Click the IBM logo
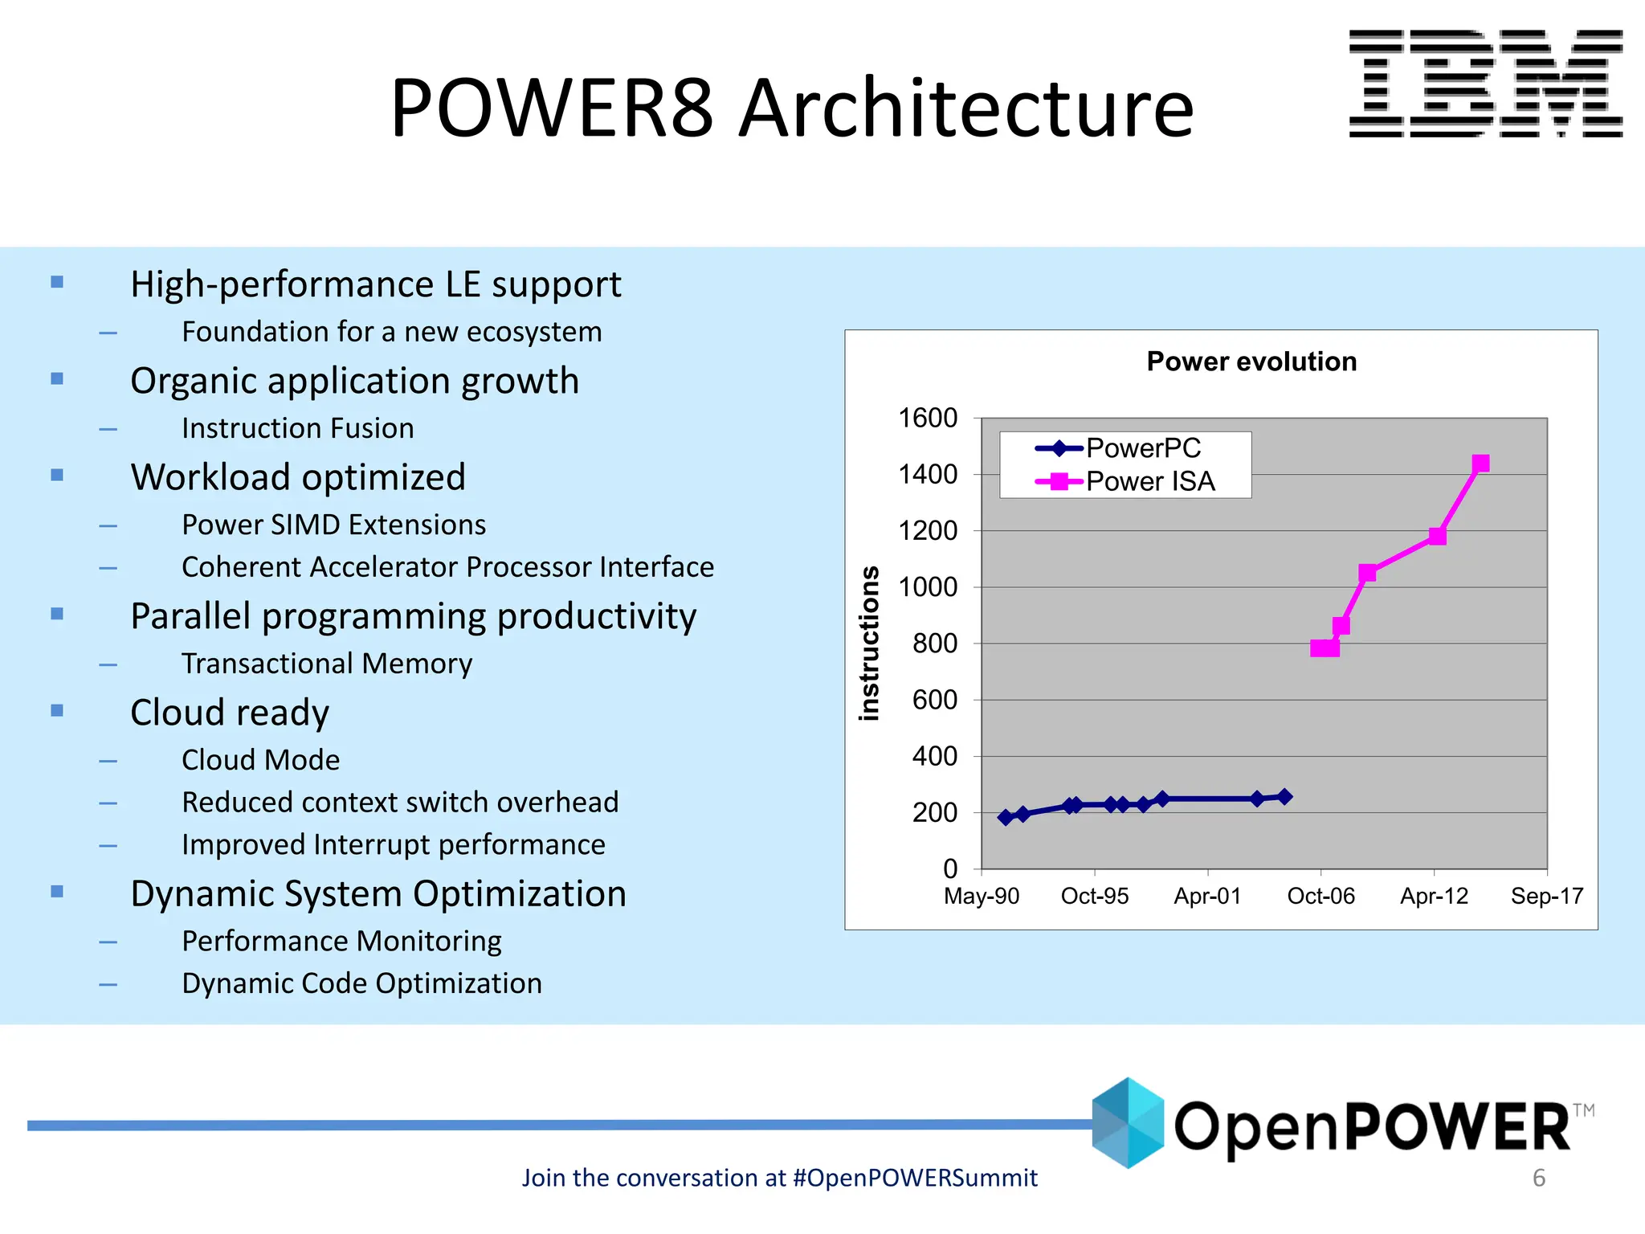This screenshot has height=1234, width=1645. (x=1485, y=84)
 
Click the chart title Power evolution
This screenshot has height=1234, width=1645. (x=1251, y=362)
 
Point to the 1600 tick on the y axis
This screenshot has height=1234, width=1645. (x=928, y=418)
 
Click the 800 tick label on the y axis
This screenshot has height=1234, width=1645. (x=934, y=644)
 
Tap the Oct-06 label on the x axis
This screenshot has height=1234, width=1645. (x=1320, y=896)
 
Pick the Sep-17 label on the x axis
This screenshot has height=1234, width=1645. (x=1546, y=896)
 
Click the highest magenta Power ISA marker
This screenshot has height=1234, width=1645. (x=1480, y=464)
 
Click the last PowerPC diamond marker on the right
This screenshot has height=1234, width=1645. (x=1284, y=796)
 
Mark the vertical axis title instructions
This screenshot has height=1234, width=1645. (x=869, y=643)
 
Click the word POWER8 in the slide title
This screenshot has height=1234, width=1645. (x=552, y=108)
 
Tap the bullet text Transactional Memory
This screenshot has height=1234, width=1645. (x=326, y=664)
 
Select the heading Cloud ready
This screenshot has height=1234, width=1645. (x=230, y=713)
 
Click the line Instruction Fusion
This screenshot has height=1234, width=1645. (x=297, y=428)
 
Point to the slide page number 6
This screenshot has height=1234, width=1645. (x=1538, y=1178)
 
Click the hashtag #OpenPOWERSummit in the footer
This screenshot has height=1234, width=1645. (x=914, y=1178)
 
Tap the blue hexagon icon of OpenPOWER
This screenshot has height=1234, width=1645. (x=1128, y=1122)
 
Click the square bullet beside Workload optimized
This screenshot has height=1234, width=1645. (x=57, y=475)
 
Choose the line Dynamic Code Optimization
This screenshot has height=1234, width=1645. (x=361, y=983)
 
